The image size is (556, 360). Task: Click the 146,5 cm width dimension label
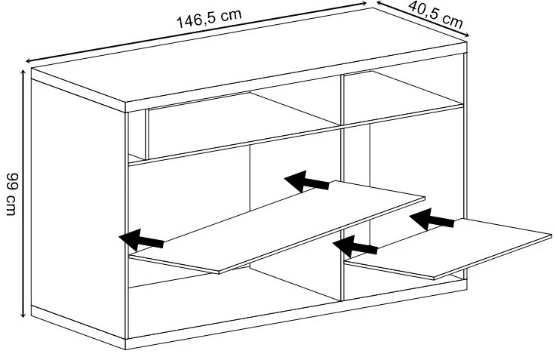[209, 18]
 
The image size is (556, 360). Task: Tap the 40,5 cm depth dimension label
[436, 14]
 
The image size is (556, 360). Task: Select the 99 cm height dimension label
[12, 195]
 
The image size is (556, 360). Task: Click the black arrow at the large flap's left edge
[141, 240]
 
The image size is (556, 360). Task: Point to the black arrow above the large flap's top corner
[307, 181]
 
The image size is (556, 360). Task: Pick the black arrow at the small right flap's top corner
[432, 219]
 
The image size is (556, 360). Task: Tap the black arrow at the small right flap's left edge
[355, 246]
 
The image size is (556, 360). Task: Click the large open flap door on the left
[278, 227]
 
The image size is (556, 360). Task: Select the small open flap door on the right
[448, 248]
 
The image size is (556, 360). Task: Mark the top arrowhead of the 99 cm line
[23, 72]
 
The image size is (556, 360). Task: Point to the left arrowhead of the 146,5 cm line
[29, 60]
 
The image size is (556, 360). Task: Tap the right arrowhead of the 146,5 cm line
[364, 3]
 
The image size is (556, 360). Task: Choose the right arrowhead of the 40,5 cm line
[467, 35]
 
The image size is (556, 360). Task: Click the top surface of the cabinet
[249, 56]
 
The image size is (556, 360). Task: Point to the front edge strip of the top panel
[296, 77]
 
